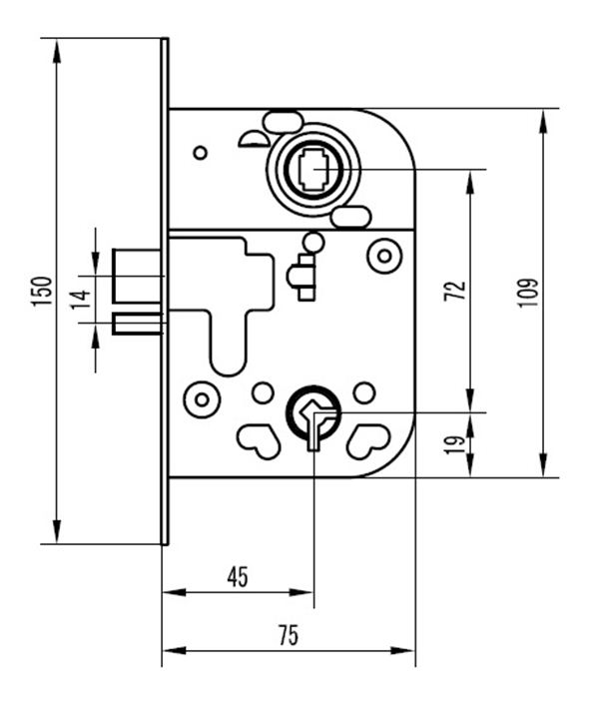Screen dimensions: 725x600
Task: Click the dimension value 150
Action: [41, 291]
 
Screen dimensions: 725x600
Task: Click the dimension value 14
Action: [81, 297]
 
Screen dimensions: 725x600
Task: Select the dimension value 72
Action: [455, 291]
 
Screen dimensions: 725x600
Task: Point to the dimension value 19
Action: [455, 444]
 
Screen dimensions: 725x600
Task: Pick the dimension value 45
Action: [238, 576]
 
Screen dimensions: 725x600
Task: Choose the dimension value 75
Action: [289, 635]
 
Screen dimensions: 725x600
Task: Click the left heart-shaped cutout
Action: [258, 439]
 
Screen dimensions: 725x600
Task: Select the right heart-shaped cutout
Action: [368, 439]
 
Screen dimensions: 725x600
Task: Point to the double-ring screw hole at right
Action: [382, 257]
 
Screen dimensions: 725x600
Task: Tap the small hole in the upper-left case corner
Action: [200, 152]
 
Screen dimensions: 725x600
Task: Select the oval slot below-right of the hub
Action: [351, 217]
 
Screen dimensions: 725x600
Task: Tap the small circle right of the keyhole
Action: [364, 390]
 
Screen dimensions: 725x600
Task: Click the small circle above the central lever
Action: [313, 242]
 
